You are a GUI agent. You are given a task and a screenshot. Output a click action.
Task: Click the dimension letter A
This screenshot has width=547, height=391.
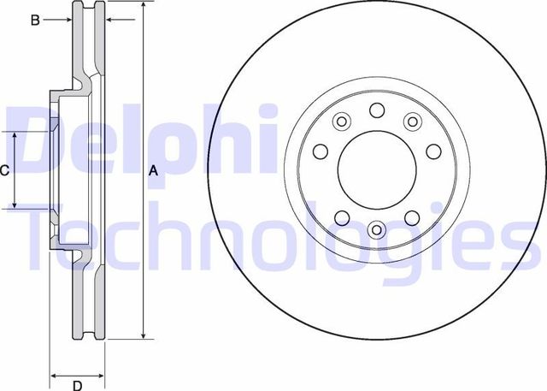(154, 170)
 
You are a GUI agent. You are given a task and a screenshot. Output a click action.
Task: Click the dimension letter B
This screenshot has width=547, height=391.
(35, 19)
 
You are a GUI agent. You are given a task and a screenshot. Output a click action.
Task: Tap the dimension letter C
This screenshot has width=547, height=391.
(4, 170)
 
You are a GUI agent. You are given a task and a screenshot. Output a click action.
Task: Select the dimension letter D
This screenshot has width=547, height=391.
(76, 384)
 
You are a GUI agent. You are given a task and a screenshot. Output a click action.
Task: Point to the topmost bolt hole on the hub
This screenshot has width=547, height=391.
(376, 109)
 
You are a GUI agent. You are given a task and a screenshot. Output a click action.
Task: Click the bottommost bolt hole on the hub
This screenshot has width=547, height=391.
(376, 229)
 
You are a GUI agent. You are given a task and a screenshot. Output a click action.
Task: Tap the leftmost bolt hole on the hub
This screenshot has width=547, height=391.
(321, 152)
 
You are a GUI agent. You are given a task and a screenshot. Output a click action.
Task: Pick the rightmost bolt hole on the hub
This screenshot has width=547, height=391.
(432, 152)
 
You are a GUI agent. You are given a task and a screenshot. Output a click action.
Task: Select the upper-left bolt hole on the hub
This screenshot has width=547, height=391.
(340, 121)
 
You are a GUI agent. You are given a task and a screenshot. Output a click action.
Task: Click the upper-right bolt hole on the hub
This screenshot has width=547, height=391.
(412, 121)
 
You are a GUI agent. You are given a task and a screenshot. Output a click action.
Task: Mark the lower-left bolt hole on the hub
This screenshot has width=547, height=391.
(341, 216)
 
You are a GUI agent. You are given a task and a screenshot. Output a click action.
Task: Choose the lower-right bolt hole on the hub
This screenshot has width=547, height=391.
(411, 216)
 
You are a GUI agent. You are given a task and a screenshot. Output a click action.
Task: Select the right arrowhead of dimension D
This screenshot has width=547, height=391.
(101, 374)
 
